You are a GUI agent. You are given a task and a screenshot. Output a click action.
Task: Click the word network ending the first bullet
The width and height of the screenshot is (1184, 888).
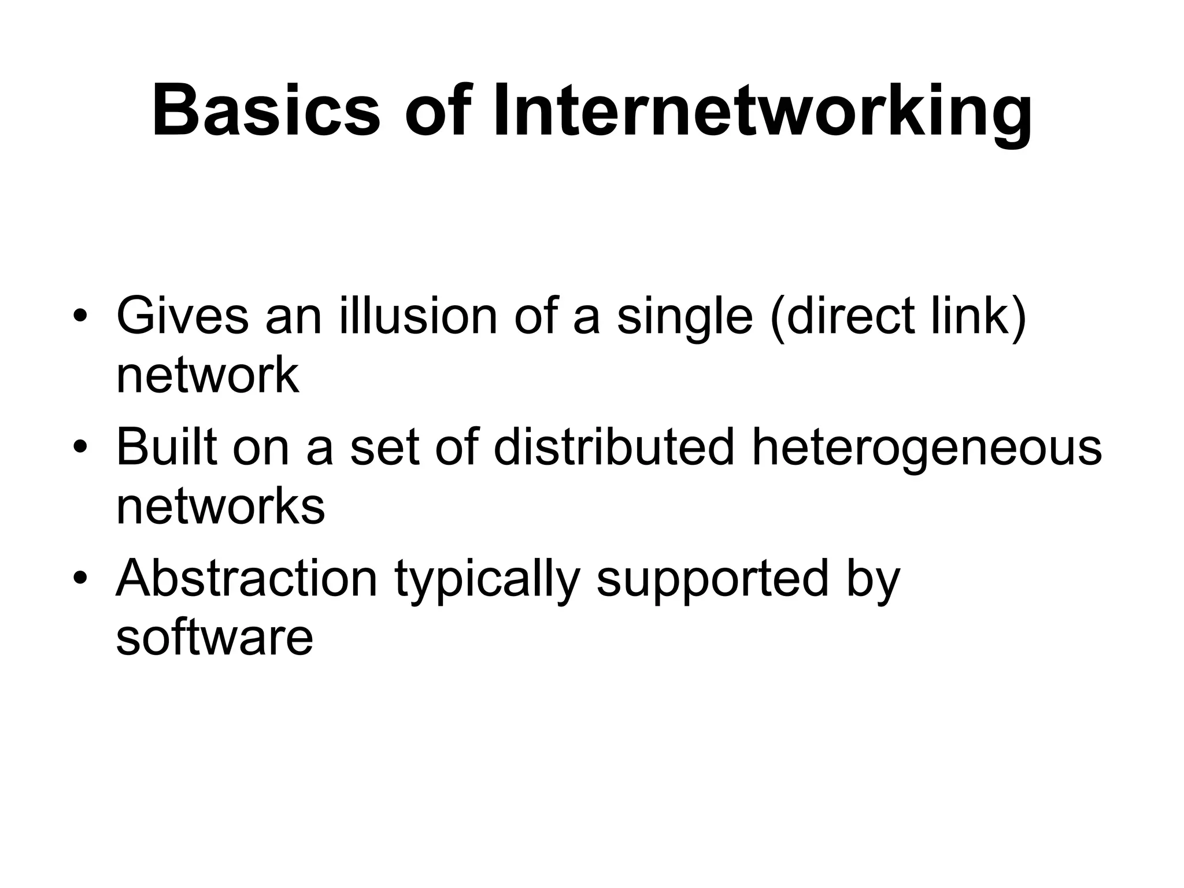(x=208, y=376)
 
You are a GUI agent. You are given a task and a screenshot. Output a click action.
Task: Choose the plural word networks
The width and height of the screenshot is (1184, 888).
(x=220, y=506)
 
